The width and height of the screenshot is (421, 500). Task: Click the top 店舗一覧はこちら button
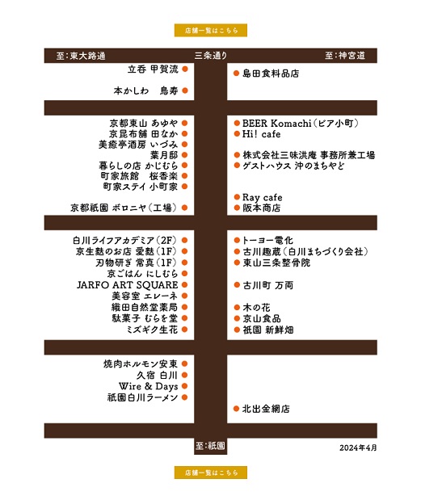[210, 31]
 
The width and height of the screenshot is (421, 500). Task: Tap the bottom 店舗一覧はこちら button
[210, 473]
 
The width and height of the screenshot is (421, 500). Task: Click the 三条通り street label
[211, 56]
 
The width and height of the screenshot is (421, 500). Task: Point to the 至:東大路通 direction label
[81, 56]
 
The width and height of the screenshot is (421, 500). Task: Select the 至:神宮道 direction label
[345, 56]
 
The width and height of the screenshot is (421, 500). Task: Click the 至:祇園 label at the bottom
[210, 445]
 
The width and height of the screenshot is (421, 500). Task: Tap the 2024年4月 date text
[358, 447]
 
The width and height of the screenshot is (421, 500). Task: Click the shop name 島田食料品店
[271, 74]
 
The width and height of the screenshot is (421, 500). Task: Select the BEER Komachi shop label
[300, 123]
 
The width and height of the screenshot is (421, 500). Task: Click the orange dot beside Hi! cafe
[237, 133]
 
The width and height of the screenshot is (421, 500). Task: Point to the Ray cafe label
[262, 197]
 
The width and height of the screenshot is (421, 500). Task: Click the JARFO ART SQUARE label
[127, 285]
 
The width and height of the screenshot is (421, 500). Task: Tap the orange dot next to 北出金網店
[236, 409]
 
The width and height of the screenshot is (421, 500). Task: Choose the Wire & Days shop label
[149, 386]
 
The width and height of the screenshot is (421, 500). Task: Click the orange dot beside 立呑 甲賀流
[185, 69]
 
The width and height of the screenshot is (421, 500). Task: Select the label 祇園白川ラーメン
[142, 397]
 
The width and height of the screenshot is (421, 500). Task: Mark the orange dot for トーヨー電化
[237, 240]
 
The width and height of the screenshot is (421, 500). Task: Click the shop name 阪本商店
[262, 208]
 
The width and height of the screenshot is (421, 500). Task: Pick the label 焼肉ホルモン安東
[141, 363]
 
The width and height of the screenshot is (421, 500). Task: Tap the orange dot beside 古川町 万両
[237, 285]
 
